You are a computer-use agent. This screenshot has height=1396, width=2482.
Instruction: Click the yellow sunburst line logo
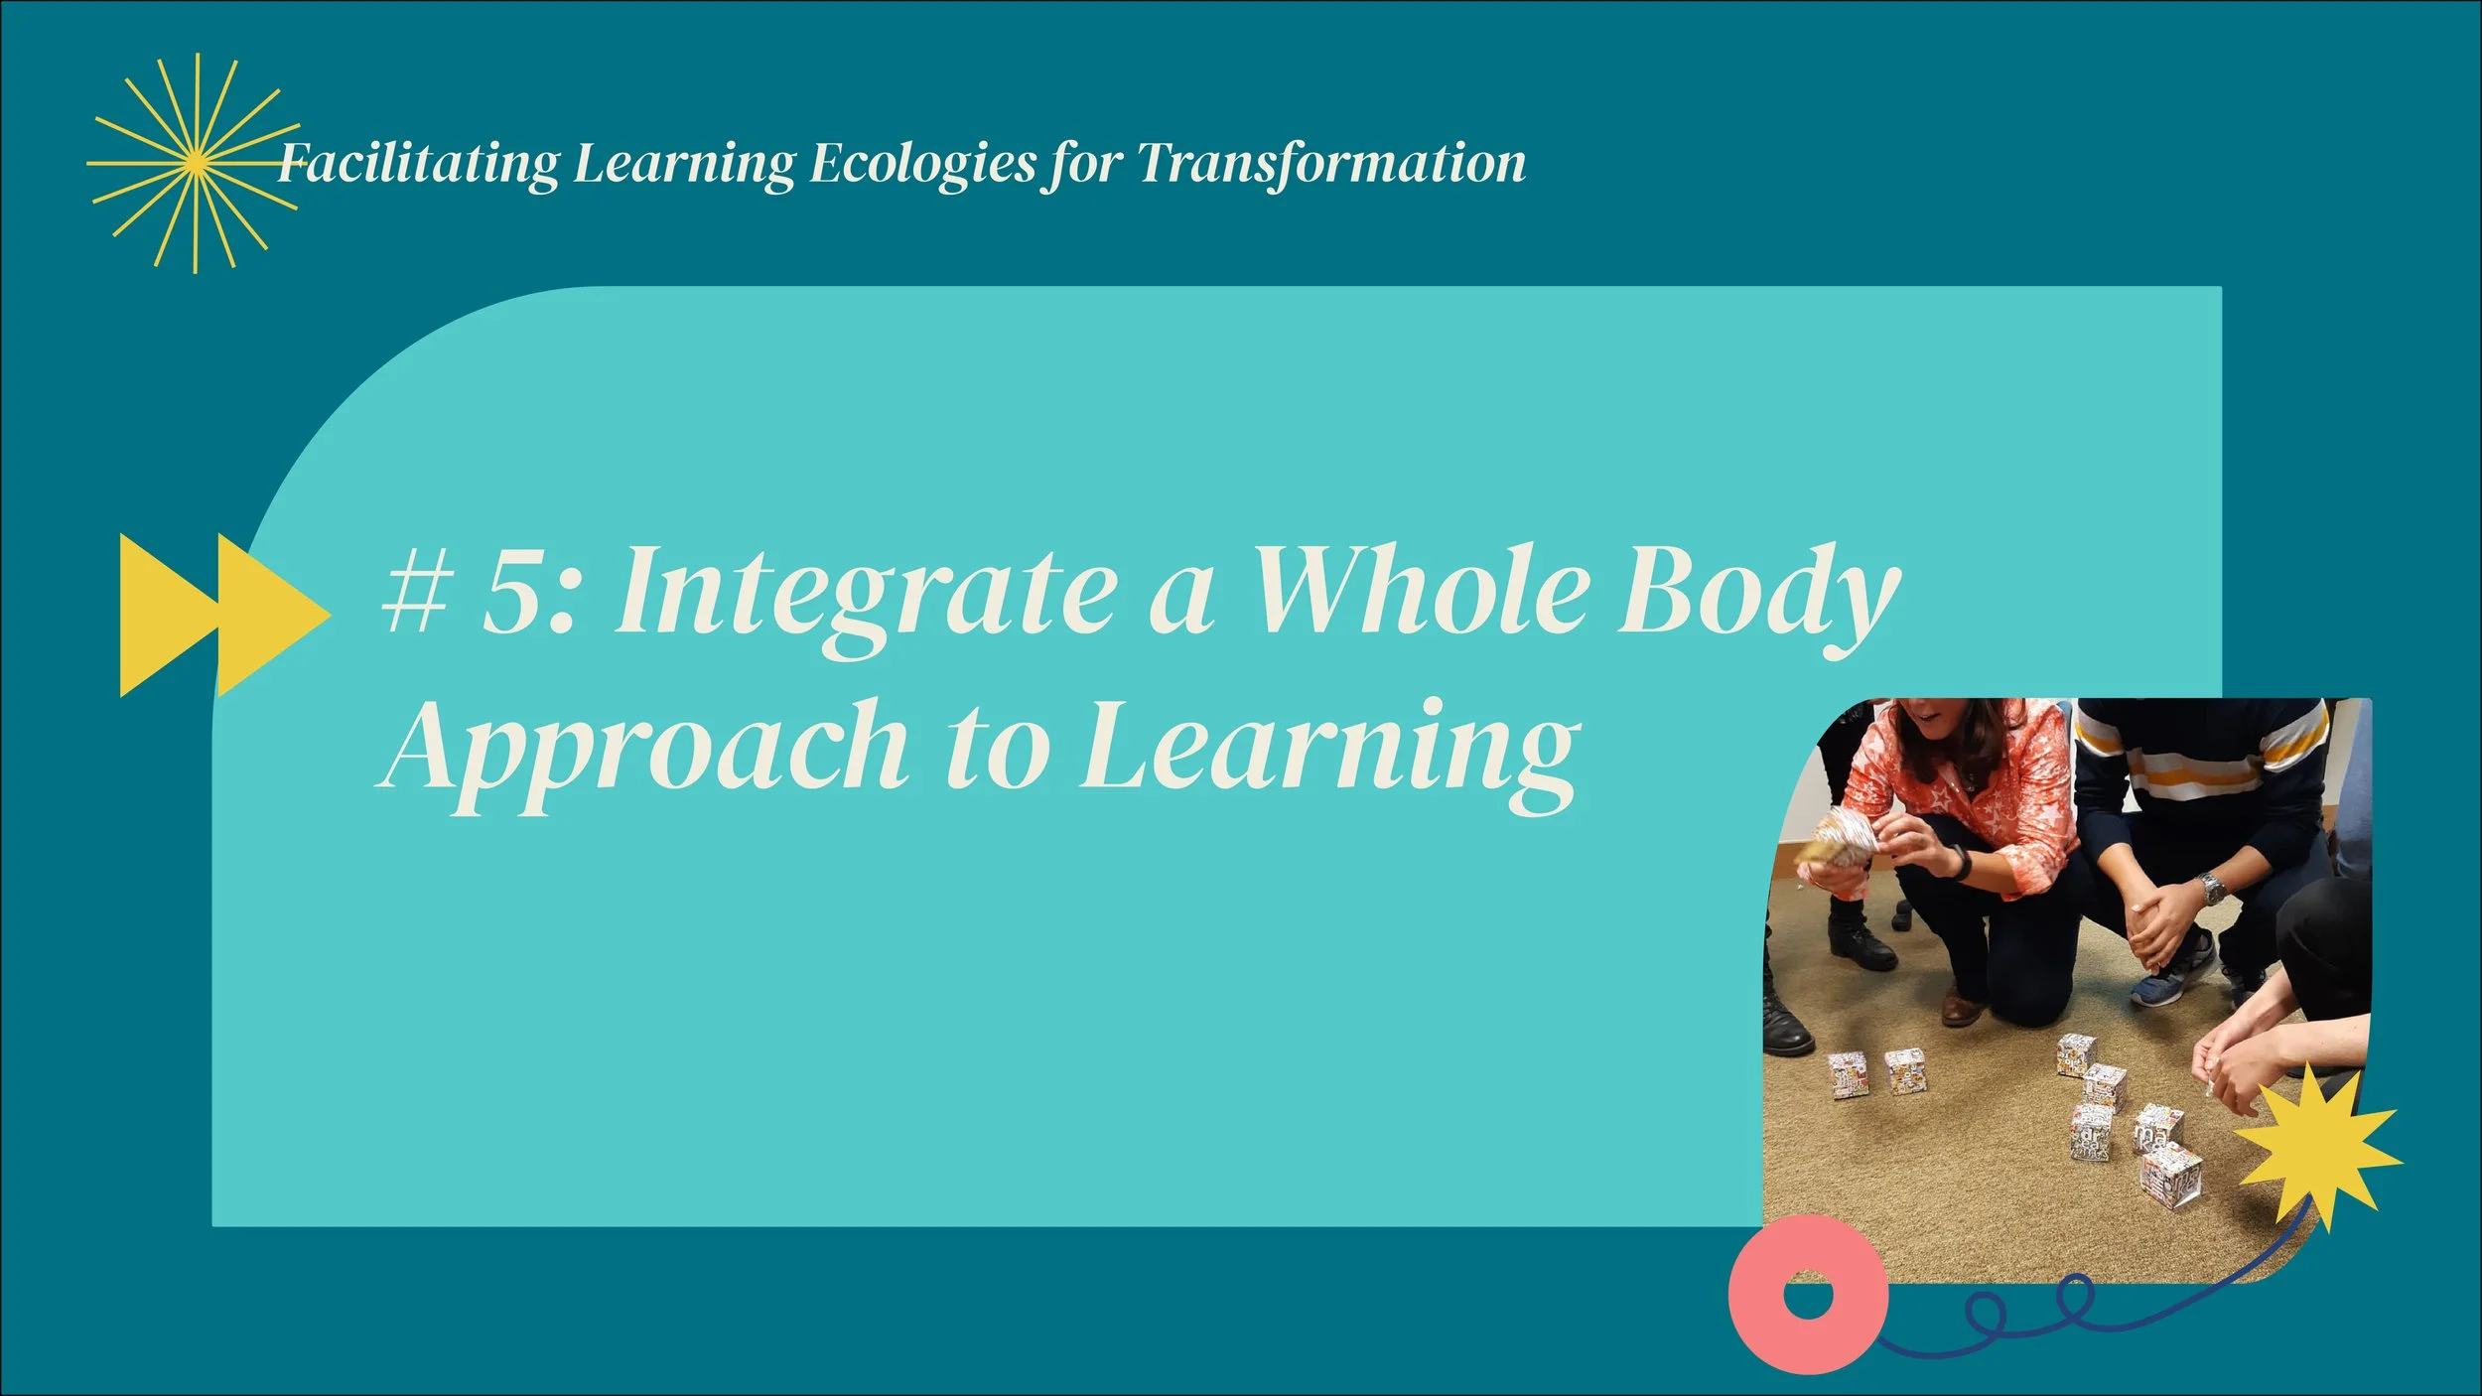tap(195, 164)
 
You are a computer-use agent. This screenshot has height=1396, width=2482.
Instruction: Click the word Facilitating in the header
tap(417, 164)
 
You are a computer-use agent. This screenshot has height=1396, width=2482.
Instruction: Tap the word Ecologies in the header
tap(923, 164)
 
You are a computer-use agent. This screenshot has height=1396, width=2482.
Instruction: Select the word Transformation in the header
tap(1330, 164)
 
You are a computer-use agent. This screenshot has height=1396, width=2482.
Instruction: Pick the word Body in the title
tap(1757, 594)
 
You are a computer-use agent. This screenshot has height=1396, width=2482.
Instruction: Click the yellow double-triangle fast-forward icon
tap(223, 616)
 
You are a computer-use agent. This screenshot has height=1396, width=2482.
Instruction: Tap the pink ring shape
tap(1807, 1296)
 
